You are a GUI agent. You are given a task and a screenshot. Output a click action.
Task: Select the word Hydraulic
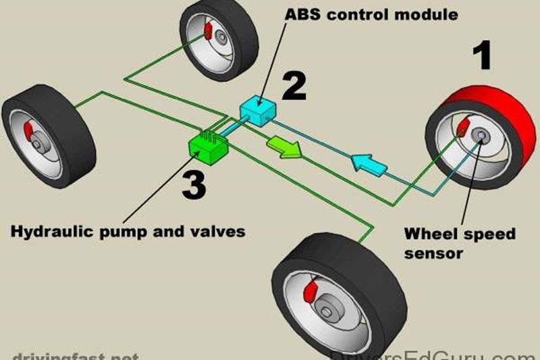click(48, 232)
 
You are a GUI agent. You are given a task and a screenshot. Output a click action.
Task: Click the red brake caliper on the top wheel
click(208, 31)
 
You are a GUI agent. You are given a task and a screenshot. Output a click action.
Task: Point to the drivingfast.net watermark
click(74, 355)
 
